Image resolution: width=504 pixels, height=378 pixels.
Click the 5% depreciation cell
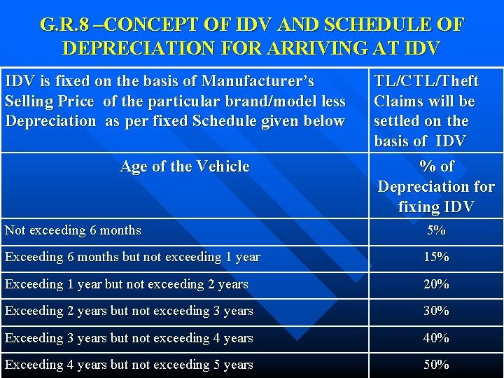436,230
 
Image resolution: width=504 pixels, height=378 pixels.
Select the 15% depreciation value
436,257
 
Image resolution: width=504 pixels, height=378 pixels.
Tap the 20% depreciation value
436,284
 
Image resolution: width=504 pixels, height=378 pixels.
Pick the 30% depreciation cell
436,311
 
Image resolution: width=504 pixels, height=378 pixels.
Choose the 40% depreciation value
436,338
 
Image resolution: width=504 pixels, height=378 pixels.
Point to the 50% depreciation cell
436,365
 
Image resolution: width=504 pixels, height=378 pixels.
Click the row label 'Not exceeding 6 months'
73,230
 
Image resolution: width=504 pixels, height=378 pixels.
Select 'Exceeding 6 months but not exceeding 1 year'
132,257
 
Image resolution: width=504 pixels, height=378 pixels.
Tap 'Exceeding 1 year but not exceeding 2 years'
127,284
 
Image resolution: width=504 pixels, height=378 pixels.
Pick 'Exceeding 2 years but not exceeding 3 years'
129,311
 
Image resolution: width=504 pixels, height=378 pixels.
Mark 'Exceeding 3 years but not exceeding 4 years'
129,338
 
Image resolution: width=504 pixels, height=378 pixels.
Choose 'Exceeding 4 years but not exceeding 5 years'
129,365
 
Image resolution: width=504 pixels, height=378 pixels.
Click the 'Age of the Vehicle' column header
185,167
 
